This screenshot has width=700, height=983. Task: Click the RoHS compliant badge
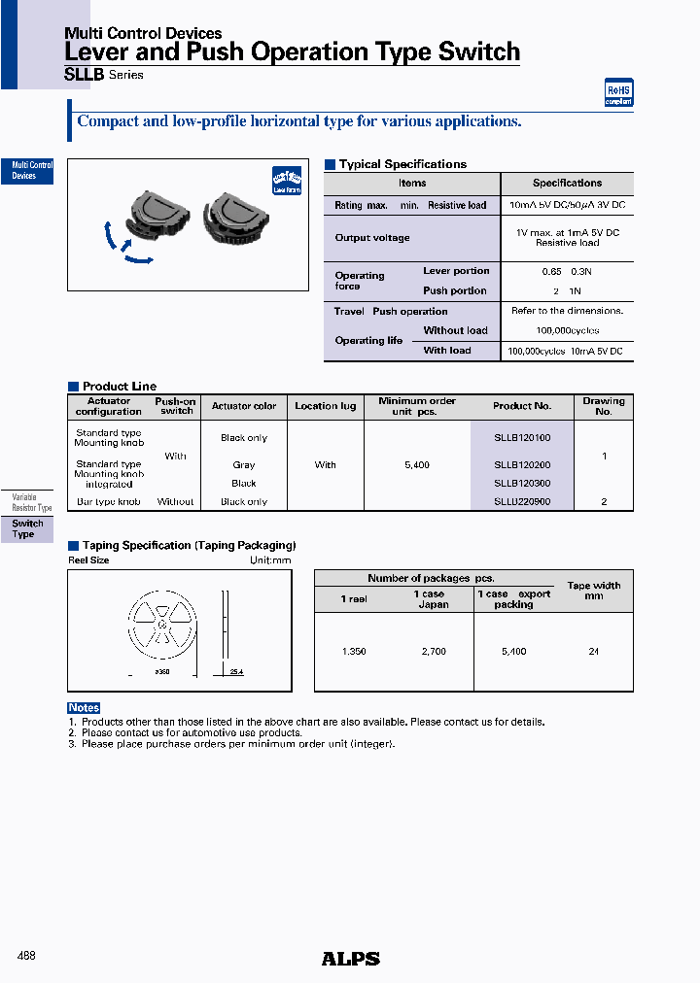click(618, 92)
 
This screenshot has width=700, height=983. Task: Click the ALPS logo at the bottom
click(350, 959)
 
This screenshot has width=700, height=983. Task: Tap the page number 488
click(27, 957)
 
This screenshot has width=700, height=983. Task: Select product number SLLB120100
click(522, 438)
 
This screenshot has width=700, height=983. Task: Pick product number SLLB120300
click(522, 483)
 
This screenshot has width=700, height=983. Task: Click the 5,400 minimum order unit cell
click(416, 465)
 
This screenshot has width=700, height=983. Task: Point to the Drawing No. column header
click(604, 406)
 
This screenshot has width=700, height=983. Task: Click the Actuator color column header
click(244, 406)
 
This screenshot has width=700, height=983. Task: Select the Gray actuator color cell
click(244, 465)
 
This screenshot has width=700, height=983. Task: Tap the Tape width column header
click(593, 591)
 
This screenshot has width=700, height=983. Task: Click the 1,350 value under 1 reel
click(354, 652)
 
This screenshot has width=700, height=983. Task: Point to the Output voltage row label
click(372, 238)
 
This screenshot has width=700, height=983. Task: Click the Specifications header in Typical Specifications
click(567, 183)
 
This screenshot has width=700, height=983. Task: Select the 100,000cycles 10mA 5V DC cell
click(567, 351)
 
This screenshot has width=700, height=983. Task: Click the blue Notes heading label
click(84, 708)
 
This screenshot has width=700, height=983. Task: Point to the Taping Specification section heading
click(189, 546)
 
